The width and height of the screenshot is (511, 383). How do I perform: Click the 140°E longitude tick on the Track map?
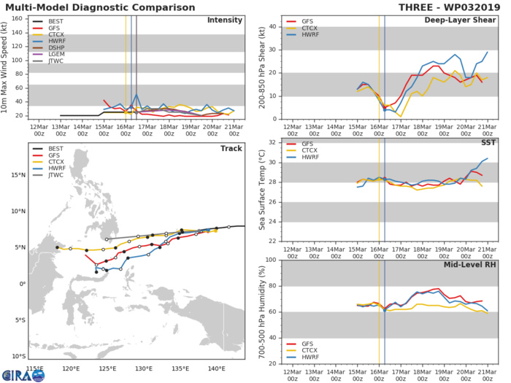[217, 369]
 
